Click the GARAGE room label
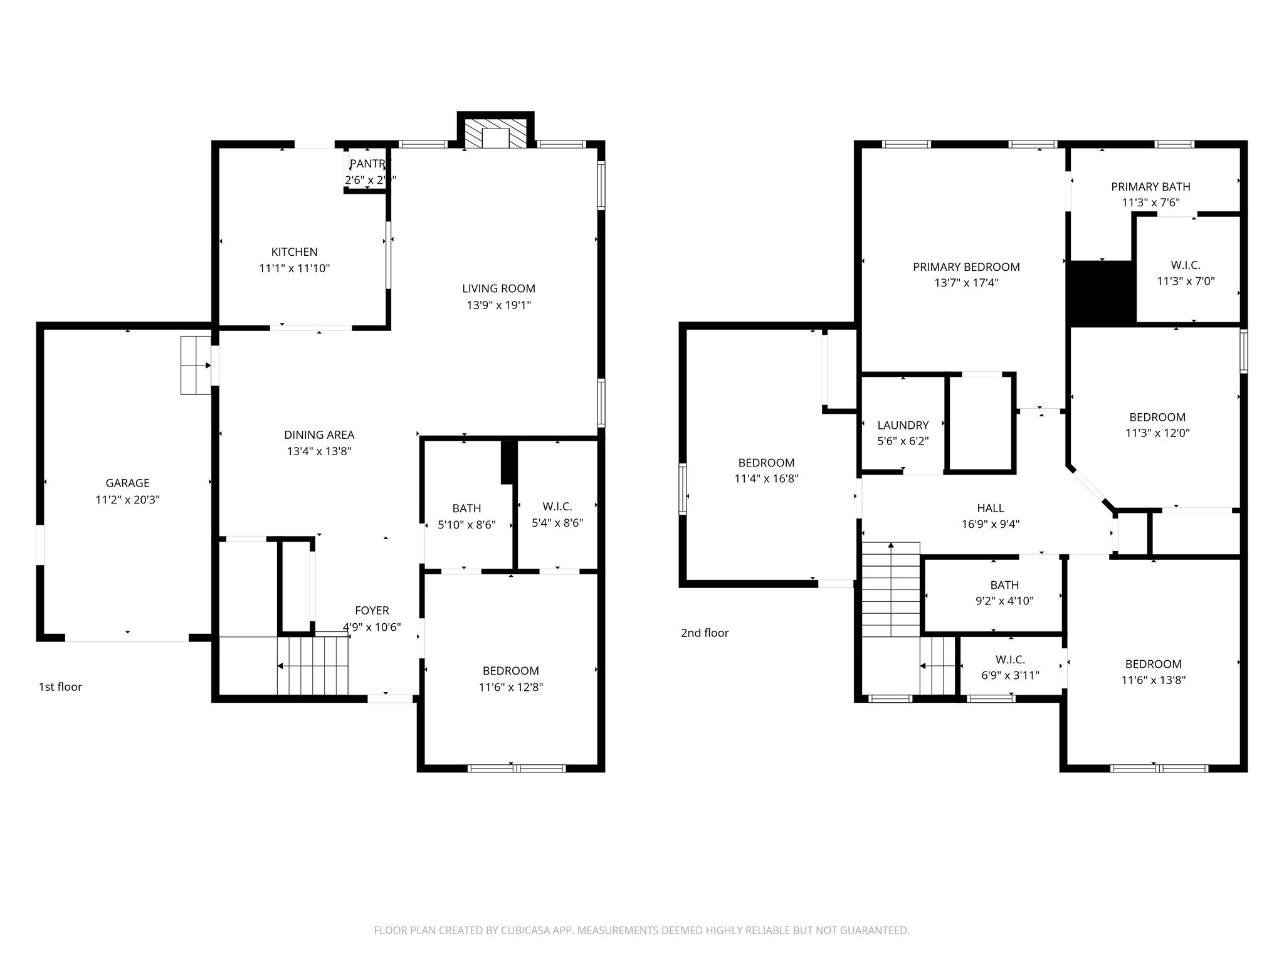tap(127, 483)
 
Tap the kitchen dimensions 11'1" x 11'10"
tap(294, 268)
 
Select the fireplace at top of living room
tap(495, 133)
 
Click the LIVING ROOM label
tap(498, 288)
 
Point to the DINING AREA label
tap(319, 434)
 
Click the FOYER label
tap(372, 610)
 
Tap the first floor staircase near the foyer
tap(312, 666)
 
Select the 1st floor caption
tap(60, 687)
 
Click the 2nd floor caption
tap(705, 633)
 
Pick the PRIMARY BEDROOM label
tap(966, 266)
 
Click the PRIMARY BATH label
tap(1150, 186)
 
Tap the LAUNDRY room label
tap(903, 424)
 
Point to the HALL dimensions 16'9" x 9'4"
tap(991, 524)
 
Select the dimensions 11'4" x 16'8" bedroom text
tap(766, 478)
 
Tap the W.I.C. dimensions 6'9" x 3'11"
tap(1010, 675)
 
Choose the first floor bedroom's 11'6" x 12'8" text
tap(510, 687)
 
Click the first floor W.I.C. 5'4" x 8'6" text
tap(557, 522)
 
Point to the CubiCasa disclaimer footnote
tap(641, 930)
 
